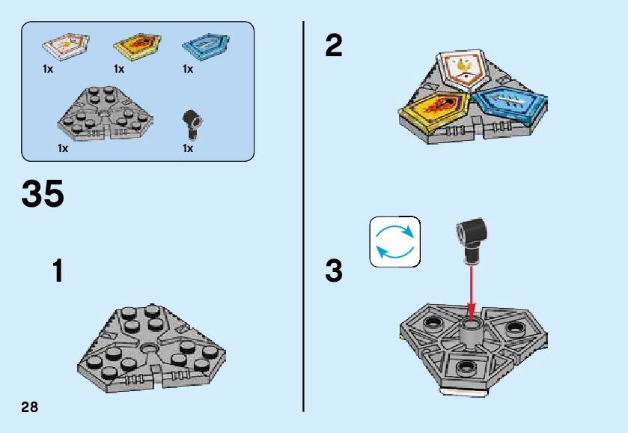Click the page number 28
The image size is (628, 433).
pos(30,408)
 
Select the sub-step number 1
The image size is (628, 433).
pos(58,270)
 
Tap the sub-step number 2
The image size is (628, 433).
pos(334,46)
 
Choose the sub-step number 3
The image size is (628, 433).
pos(334,270)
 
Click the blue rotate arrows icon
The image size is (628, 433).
pos(395,242)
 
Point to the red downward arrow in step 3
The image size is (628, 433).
pos(471,288)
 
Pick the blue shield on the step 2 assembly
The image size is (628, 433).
pos(510,105)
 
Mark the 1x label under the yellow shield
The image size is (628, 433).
pos(119,69)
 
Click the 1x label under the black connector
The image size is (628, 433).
pos(188,148)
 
